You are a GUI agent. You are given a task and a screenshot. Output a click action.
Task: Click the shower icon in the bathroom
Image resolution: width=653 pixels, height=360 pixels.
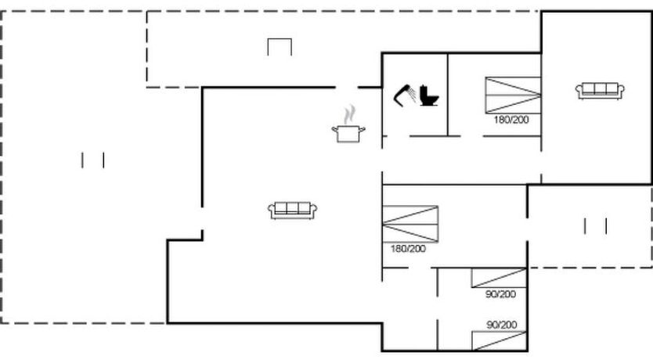(404, 95)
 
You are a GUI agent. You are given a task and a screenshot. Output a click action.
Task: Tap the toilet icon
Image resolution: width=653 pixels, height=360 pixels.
(429, 95)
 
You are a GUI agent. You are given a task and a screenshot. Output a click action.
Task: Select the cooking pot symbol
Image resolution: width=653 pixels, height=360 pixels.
(348, 134)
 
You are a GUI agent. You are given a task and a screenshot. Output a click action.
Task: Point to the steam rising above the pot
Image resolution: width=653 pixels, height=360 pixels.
(350, 114)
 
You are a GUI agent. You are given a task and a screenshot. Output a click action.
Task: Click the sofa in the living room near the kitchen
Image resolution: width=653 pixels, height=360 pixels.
(292, 211)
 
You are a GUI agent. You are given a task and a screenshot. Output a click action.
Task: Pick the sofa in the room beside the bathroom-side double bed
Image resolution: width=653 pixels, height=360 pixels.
(600, 91)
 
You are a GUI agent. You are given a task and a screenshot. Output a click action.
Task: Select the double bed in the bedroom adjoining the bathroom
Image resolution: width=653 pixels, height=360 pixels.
(513, 95)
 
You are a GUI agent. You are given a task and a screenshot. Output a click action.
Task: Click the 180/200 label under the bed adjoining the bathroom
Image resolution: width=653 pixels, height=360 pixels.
(511, 120)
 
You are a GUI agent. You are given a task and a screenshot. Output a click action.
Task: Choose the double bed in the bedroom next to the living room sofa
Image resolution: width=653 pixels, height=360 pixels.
(410, 224)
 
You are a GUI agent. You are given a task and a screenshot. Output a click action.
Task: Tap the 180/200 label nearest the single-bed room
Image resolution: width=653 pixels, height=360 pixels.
(408, 249)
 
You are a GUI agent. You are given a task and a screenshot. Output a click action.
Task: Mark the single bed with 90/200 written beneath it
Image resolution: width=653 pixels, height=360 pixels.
(499, 278)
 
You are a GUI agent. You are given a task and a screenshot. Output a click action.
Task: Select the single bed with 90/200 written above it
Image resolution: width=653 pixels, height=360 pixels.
(499, 341)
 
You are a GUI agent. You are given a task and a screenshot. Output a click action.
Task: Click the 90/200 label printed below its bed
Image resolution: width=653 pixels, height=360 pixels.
(500, 294)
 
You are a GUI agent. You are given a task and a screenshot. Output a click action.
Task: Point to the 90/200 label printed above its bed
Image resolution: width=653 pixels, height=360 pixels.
(501, 325)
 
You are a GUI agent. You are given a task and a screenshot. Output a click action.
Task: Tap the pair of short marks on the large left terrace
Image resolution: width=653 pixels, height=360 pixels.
(93, 160)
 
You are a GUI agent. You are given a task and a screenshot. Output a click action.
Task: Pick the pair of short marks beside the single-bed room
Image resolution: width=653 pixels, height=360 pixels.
(596, 226)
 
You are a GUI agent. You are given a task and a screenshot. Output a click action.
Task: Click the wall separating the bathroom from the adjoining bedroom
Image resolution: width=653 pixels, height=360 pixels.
(448, 95)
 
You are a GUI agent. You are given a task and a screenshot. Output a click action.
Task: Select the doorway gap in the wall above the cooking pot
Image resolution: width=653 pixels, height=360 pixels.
(347, 88)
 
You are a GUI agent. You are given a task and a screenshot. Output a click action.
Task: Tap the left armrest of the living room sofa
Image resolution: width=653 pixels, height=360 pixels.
(272, 211)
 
